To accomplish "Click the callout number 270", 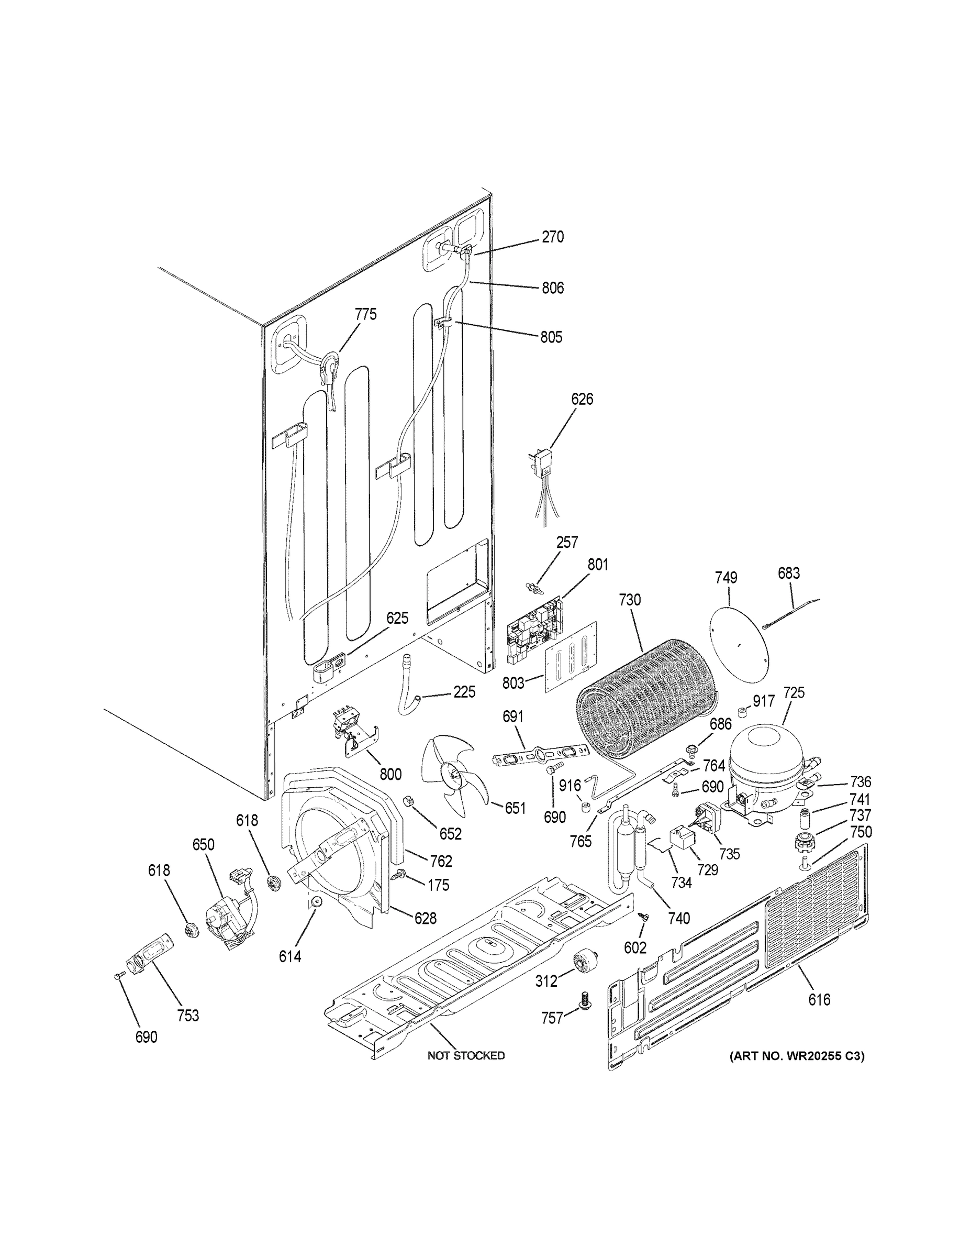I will [552, 237].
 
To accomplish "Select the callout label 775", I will [365, 314].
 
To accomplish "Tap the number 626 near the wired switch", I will [582, 399].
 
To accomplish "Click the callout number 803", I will [513, 683].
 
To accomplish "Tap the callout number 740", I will [679, 919].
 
